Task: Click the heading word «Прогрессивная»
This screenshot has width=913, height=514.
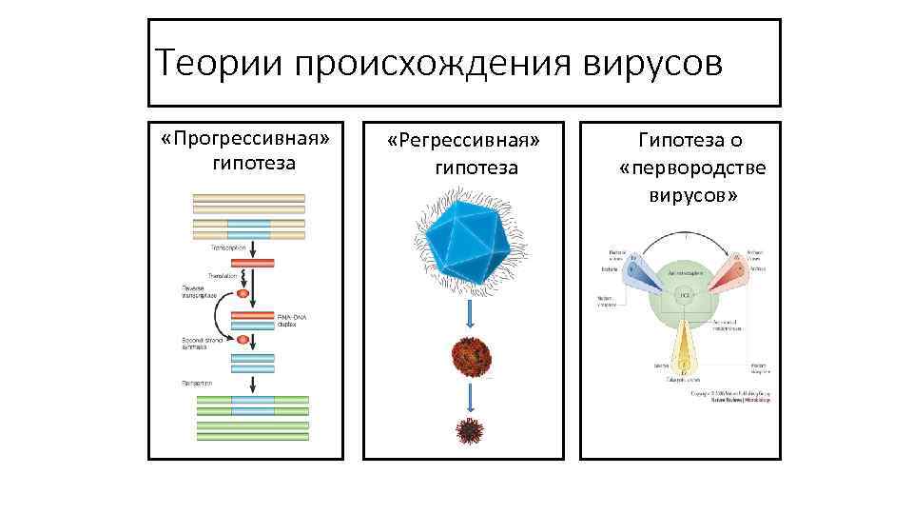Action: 252,140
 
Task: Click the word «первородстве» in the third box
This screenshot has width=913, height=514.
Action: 692,168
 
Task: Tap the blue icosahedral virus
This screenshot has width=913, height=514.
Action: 470,237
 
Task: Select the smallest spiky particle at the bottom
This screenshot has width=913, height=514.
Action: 470,431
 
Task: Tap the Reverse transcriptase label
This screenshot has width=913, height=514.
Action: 199,291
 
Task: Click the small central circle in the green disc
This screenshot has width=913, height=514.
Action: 683,296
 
